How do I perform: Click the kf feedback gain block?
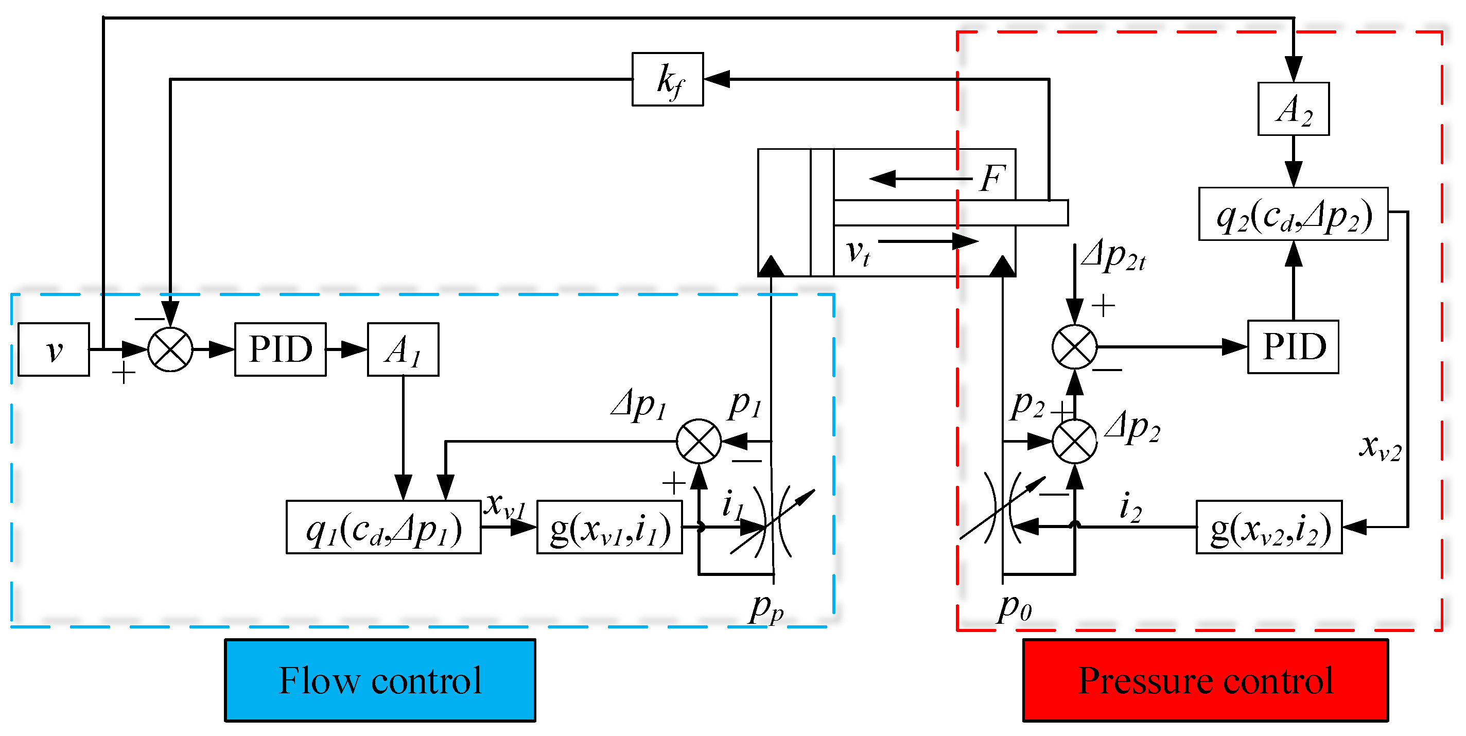667,79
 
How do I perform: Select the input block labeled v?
54,349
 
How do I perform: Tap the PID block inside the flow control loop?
280,349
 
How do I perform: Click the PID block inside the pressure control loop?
1293,347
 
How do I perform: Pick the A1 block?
403,349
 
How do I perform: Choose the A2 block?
1293,109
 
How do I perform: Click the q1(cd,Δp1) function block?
383,527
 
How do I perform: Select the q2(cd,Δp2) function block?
1293,214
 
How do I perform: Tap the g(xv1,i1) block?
609,527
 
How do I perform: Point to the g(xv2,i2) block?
1268,527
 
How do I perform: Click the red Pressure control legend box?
1205,680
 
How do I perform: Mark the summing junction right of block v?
170,349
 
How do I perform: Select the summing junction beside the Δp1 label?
699,441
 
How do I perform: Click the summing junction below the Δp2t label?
1074,347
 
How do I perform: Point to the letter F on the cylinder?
992,178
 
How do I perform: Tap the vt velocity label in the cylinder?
858,252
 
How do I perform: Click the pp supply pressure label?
766,609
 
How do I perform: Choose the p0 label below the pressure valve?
1014,608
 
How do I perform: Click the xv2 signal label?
1380,447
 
